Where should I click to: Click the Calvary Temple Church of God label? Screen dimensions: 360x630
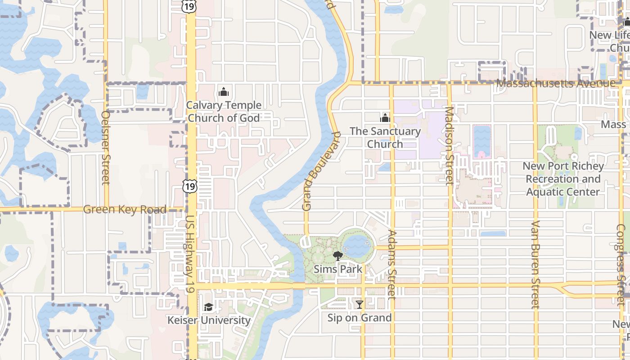pyautogui.click(x=224, y=112)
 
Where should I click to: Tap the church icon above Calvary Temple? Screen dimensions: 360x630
pyautogui.click(x=223, y=92)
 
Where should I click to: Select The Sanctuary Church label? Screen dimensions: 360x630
pyautogui.click(x=385, y=138)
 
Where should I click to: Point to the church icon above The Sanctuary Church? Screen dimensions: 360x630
pyautogui.click(x=385, y=118)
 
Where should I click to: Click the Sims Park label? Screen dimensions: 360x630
pyautogui.click(x=338, y=269)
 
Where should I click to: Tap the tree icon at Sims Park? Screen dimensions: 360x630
pyautogui.click(x=337, y=256)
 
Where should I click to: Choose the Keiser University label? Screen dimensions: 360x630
pyautogui.click(x=209, y=320)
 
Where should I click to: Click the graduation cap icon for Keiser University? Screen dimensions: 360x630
pyautogui.click(x=208, y=307)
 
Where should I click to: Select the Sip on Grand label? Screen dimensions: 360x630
pyautogui.click(x=359, y=318)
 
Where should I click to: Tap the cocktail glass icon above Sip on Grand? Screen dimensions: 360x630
pyautogui.click(x=359, y=305)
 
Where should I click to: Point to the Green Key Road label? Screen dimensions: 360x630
pyautogui.click(x=125, y=209)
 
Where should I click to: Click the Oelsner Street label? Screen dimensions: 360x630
pyautogui.click(x=106, y=148)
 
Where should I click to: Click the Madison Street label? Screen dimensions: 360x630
pyautogui.click(x=449, y=146)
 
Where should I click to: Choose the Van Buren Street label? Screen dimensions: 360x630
pyautogui.click(x=535, y=265)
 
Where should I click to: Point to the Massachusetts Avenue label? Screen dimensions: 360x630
pyautogui.click(x=556, y=84)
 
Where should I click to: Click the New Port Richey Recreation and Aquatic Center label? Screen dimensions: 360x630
pyautogui.click(x=563, y=179)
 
